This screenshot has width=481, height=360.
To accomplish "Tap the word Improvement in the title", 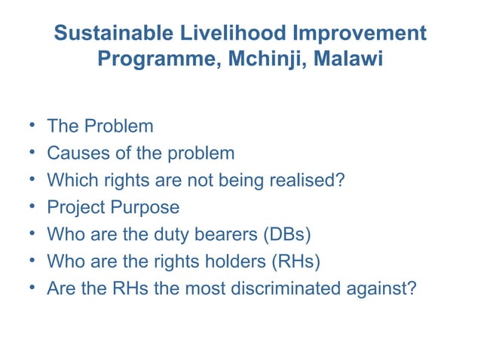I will point(364,34).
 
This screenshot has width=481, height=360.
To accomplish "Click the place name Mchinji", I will point(261,59).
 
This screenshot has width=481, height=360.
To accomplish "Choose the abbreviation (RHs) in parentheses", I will point(295,262).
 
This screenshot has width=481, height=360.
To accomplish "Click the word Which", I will point(71,181).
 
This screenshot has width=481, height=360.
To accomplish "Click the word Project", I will point(75,208).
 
